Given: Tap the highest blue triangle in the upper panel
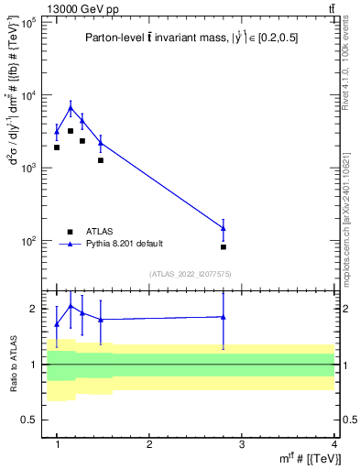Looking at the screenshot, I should tap(71, 108).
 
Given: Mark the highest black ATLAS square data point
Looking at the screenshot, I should tap(71, 131).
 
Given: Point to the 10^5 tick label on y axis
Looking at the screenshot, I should tap(27, 22).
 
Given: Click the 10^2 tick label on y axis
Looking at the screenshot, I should tap(27, 241).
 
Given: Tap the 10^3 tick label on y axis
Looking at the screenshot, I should tap(27, 169).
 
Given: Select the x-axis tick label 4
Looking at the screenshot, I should tap(334, 443).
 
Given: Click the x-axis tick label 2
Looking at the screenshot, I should tap(149, 443).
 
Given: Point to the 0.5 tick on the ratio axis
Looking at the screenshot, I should tap(30, 420).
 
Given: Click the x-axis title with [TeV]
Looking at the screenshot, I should tap(311, 459).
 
